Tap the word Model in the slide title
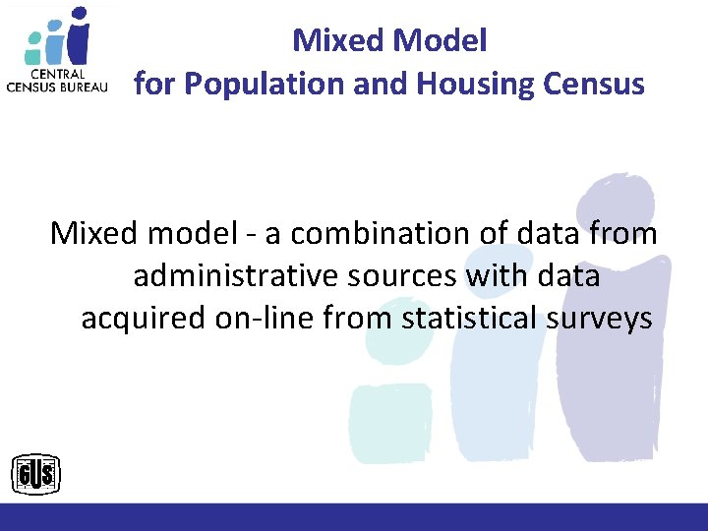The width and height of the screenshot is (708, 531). pyautogui.click(x=440, y=40)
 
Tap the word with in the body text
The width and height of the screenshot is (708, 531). pyautogui.click(x=490, y=276)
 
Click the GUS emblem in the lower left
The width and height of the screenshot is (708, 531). pyautogui.click(x=35, y=476)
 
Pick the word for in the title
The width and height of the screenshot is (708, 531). pyautogui.click(x=154, y=85)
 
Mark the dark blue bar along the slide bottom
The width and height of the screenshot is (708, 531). pyautogui.click(x=354, y=517)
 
